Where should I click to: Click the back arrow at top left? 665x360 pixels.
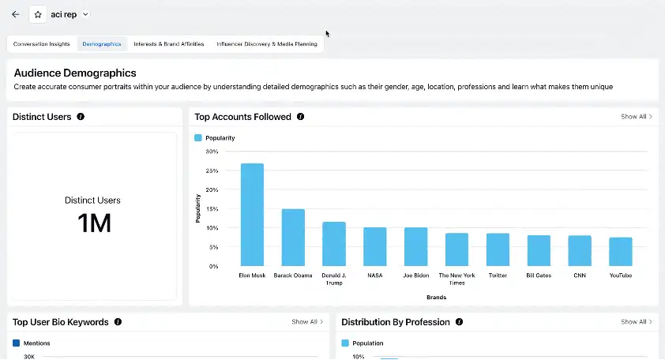(x=15, y=14)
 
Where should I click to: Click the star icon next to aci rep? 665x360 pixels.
(x=38, y=14)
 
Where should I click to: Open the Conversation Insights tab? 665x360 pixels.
(x=42, y=44)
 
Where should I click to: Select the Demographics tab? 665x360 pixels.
(x=102, y=44)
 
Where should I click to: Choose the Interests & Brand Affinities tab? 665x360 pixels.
(x=170, y=44)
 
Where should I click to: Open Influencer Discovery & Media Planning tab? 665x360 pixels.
(x=267, y=44)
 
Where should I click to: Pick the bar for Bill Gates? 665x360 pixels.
(x=539, y=250)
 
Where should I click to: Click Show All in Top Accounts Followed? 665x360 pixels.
(x=637, y=117)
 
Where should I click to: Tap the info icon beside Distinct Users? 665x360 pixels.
(x=81, y=117)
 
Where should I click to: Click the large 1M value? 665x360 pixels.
(x=94, y=223)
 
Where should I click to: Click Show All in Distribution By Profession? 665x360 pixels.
(x=637, y=322)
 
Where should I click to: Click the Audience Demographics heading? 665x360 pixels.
(x=75, y=73)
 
